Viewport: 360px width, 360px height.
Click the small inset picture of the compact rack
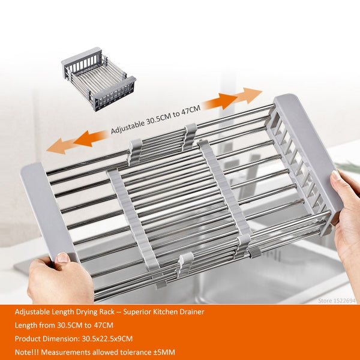coord(98,79)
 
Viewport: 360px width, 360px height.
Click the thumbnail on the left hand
coord(62,258)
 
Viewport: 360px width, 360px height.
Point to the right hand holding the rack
coord(347,222)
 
